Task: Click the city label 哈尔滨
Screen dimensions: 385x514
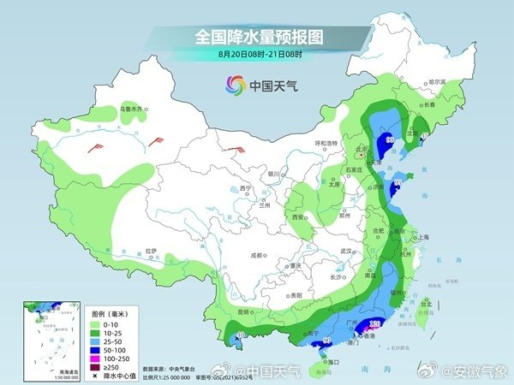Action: pyautogui.click(x=437, y=81)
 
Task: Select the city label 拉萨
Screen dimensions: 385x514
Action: pyautogui.click(x=152, y=251)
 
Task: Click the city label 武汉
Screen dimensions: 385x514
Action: pyautogui.click(x=347, y=251)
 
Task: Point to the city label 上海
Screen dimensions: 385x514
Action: pyautogui.click(x=421, y=237)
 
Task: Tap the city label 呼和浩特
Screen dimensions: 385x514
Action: pyautogui.click(x=305, y=143)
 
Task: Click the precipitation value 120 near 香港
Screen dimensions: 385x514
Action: pyautogui.click(x=374, y=323)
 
